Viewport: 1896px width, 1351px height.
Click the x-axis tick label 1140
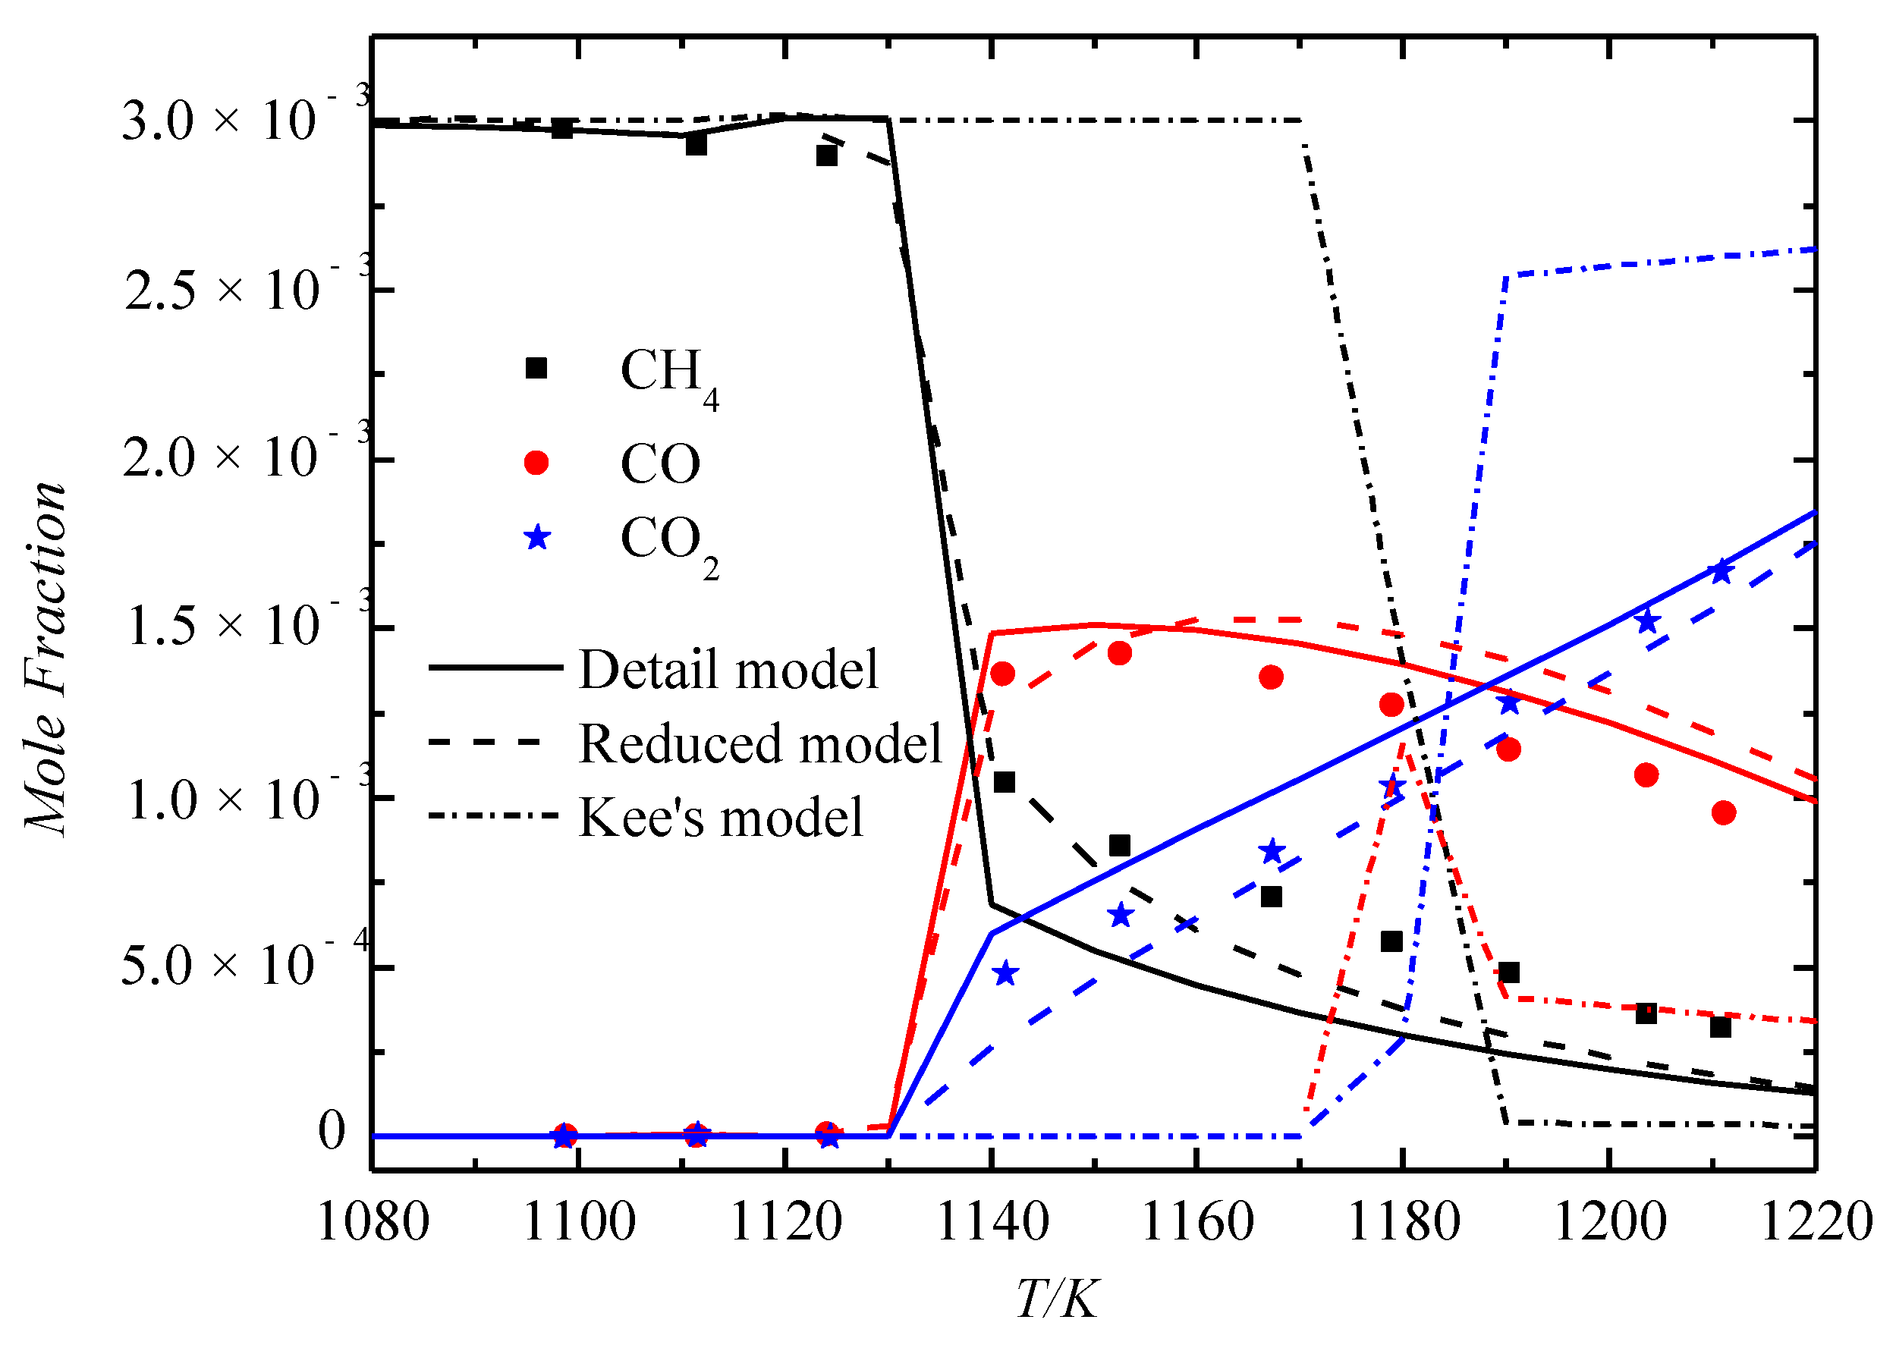point(991,1223)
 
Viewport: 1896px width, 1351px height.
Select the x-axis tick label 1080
point(373,1223)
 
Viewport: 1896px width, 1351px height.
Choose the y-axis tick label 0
point(331,1133)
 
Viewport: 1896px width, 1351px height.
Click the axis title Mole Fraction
point(46,657)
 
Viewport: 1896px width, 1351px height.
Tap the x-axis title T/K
point(1057,1299)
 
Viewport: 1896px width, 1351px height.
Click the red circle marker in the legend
point(536,463)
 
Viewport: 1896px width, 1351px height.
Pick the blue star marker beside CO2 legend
point(537,537)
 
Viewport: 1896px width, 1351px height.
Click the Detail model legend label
point(728,669)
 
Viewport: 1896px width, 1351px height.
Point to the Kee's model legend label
point(721,817)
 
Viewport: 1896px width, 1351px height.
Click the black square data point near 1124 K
point(826,156)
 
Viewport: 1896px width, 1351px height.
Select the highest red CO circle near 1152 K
point(1120,653)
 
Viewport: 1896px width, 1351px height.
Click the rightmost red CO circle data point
point(1724,812)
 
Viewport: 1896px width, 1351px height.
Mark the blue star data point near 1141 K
point(1006,973)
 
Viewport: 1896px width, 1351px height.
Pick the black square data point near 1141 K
point(1005,782)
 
